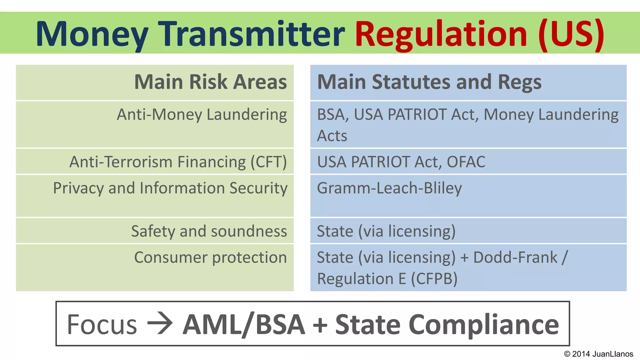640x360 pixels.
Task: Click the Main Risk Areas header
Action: pos(210,82)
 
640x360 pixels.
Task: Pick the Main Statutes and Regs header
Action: pos(429,82)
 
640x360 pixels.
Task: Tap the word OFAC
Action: pos(466,162)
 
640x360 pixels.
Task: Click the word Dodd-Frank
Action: pos(515,257)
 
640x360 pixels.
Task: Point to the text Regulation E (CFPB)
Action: pos(387,279)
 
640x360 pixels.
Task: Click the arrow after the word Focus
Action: pos(160,323)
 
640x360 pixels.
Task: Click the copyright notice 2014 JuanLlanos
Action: pos(598,354)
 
